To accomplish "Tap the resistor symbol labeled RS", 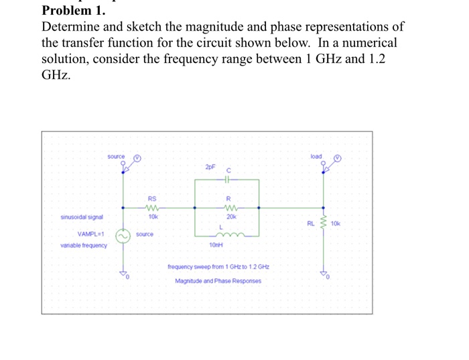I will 153,207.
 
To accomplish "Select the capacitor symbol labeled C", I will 228,180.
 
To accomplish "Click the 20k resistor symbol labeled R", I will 228,207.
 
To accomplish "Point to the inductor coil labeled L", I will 228,235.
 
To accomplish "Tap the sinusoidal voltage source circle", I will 122,236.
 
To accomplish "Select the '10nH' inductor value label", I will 216,246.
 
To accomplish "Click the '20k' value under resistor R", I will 228,217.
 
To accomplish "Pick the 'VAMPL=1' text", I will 90,234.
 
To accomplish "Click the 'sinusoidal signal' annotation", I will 81,217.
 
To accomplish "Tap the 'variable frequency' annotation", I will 84,245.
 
